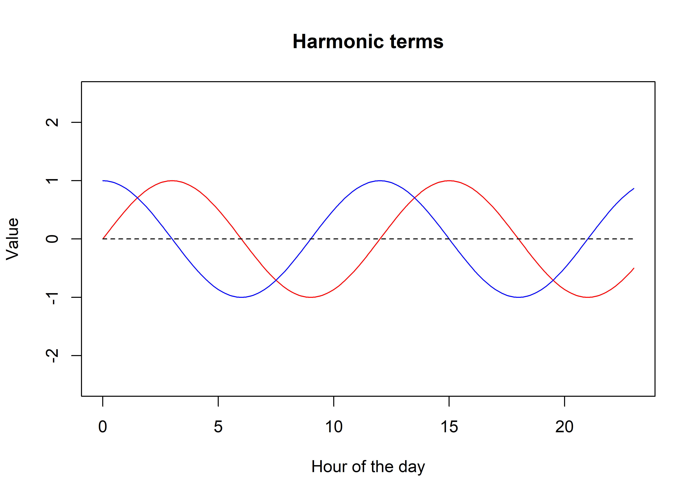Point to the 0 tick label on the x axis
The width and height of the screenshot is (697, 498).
[x=103, y=427]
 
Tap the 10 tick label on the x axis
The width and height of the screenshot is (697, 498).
[x=334, y=427]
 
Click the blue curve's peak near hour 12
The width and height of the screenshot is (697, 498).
[x=380, y=181]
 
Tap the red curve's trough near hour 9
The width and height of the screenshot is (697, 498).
[x=311, y=297]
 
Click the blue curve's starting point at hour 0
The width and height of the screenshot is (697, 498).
[x=103, y=181]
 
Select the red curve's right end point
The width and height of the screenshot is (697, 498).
[x=634, y=268]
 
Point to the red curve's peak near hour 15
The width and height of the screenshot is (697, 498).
[x=449, y=181]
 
